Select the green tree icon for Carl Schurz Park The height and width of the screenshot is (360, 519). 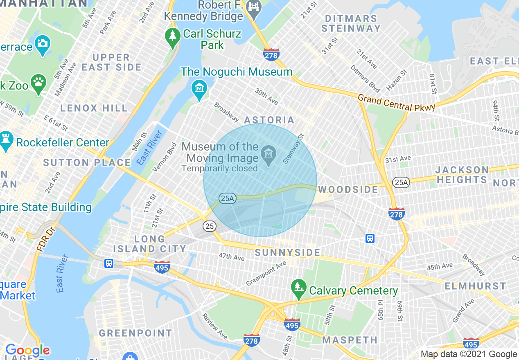(173, 37)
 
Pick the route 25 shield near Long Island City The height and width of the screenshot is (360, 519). (210, 226)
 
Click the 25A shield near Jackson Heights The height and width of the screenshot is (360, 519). (401, 182)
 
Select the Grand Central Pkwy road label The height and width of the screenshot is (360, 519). (396, 103)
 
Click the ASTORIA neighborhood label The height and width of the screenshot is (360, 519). (269, 120)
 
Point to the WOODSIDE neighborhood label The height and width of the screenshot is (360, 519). (348, 189)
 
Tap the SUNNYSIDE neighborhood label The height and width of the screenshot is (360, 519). (288, 252)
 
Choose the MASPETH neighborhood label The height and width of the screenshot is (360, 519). (350, 340)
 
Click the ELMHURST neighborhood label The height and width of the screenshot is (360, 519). (475, 286)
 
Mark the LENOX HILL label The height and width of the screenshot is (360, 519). (94, 108)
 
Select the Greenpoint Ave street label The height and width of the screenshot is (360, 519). (266, 274)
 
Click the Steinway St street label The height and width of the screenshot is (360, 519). (294, 148)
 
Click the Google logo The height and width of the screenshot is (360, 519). (27, 351)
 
